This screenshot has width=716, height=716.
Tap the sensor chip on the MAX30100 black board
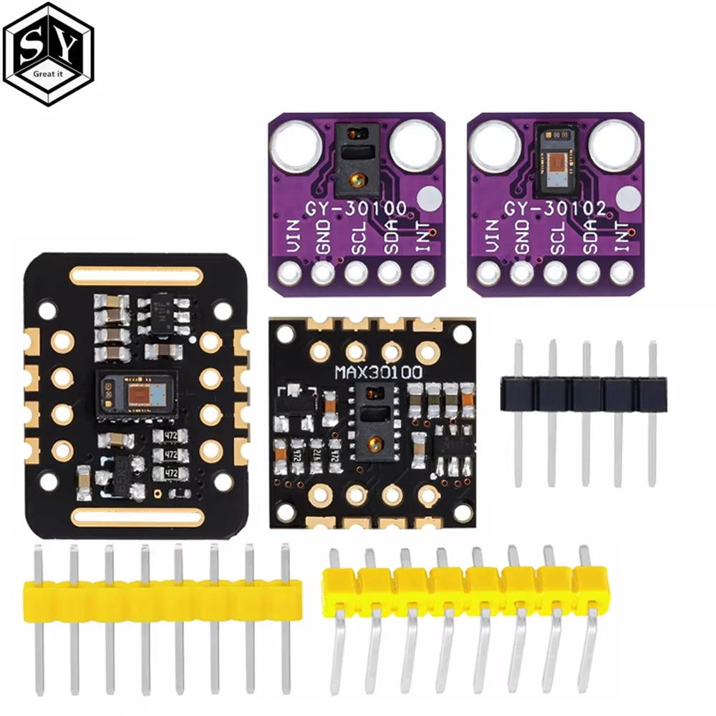click(x=374, y=423)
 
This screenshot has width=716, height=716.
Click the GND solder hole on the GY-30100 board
click(x=323, y=272)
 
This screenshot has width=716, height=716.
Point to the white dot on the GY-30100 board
click(x=427, y=195)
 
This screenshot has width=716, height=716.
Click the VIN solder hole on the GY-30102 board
click(x=489, y=272)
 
